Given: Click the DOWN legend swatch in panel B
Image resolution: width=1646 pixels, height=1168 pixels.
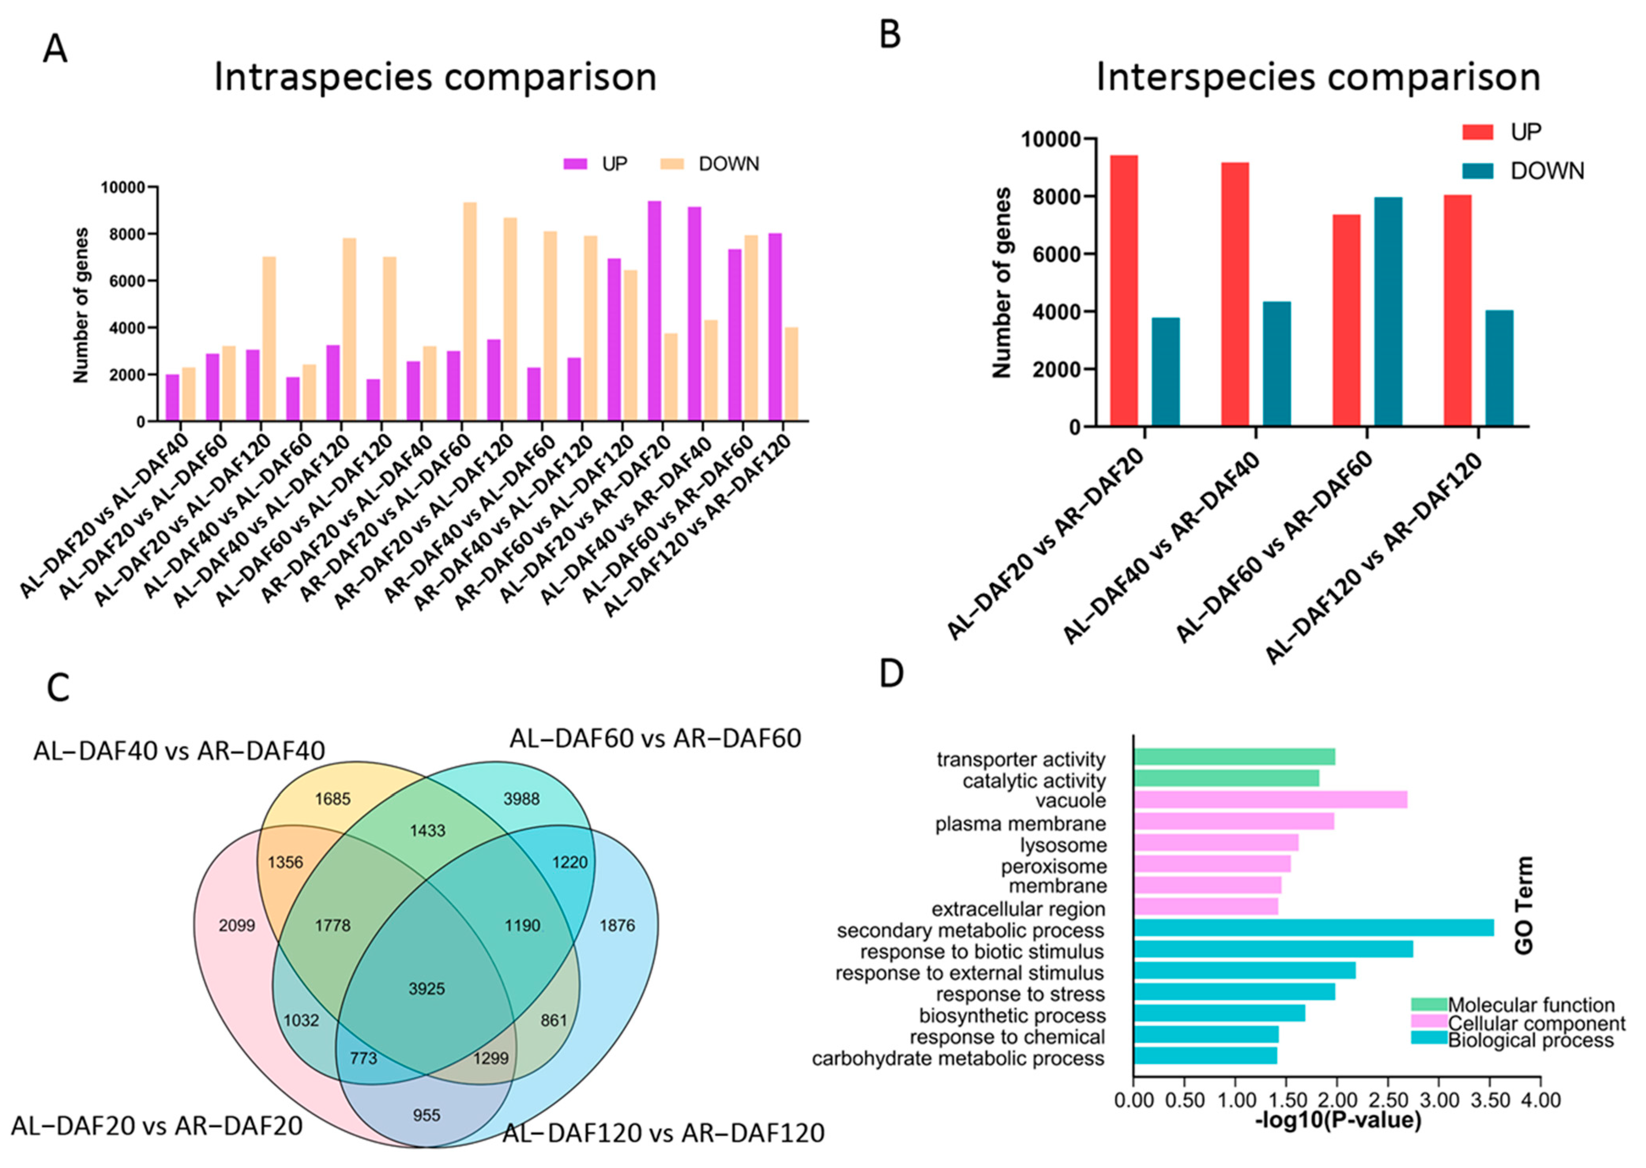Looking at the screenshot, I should tap(1478, 171).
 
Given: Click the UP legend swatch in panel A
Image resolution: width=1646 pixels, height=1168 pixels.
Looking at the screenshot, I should tap(575, 164).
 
